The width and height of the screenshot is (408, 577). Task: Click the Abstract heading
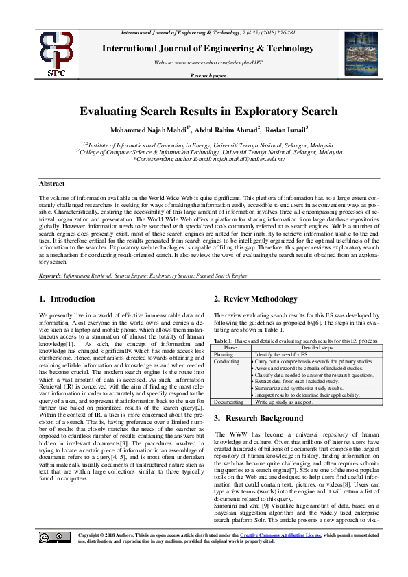point(51,184)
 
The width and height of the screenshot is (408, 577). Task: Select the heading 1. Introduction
point(67,298)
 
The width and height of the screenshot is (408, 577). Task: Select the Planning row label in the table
point(224,354)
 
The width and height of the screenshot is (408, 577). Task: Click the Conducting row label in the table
point(227,360)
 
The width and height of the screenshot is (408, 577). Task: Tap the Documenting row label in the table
point(230,401)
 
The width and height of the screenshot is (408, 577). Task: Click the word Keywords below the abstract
point(51,276)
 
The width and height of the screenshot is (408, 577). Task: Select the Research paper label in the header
point(208,75)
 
